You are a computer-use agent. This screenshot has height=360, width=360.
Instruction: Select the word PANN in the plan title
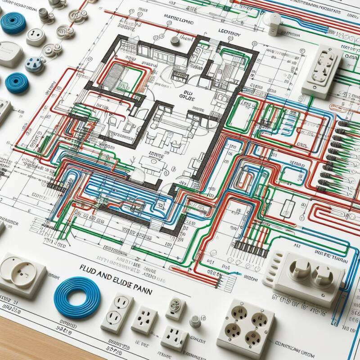[142, 291]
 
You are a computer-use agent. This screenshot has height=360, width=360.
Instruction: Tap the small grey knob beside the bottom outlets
[195, 320]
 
